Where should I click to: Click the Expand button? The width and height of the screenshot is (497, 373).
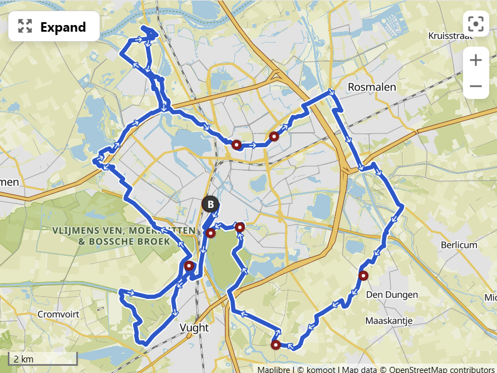pyautogui.click(x=53, y=26)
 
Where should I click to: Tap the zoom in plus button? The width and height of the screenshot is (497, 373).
pyautogui.click(x=475, y=60)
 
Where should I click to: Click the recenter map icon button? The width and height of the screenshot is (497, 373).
pyautogui.click(x=475, y=24)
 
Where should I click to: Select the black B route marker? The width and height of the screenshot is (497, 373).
pyautogui.click(x=210, y=205)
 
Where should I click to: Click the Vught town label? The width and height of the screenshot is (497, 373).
pyautogui.click(x=194, y=327)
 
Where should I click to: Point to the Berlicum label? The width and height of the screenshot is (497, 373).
pyautogui.click(x=459, y=245)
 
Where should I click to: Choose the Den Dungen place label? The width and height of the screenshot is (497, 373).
pyautogui.click(x=392, y=295)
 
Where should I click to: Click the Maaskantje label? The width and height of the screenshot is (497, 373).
pyautogui.click(x=388, y=321)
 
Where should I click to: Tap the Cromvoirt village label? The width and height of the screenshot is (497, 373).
pyautogui.click(x=58, y=314)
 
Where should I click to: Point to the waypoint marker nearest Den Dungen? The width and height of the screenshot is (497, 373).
pyautogui.click(x=363, y=276)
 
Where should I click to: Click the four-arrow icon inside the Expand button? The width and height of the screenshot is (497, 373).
pyautogui.click(x=25, y=26)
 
